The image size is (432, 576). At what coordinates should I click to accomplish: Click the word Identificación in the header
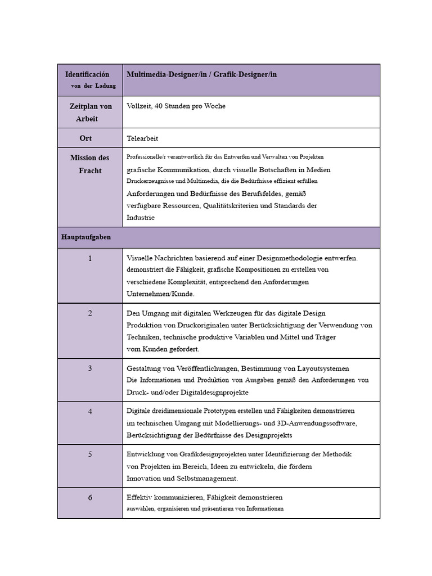point(87,74)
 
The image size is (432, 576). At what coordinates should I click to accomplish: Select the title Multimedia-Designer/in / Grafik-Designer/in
point(201,74)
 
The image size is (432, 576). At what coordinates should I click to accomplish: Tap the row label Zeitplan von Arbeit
point(91,112)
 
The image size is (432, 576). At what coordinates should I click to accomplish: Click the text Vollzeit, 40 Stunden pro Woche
point(168,106)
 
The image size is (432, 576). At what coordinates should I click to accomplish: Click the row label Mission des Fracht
point(90,164)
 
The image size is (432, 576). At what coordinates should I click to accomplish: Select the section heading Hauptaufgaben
point(86,237)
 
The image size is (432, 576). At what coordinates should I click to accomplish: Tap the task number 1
point(90,258)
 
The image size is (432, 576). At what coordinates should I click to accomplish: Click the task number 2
point(90,313)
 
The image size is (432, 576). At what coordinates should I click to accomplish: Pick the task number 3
point(90,368)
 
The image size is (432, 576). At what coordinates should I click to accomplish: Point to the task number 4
point(90,411)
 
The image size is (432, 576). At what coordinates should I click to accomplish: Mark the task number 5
point(90,454)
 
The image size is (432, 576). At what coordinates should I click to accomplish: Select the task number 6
point(90,498)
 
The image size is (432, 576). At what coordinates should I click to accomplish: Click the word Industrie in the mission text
point(141,217)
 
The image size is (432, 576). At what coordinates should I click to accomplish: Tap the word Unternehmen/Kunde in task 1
point(160,294)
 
